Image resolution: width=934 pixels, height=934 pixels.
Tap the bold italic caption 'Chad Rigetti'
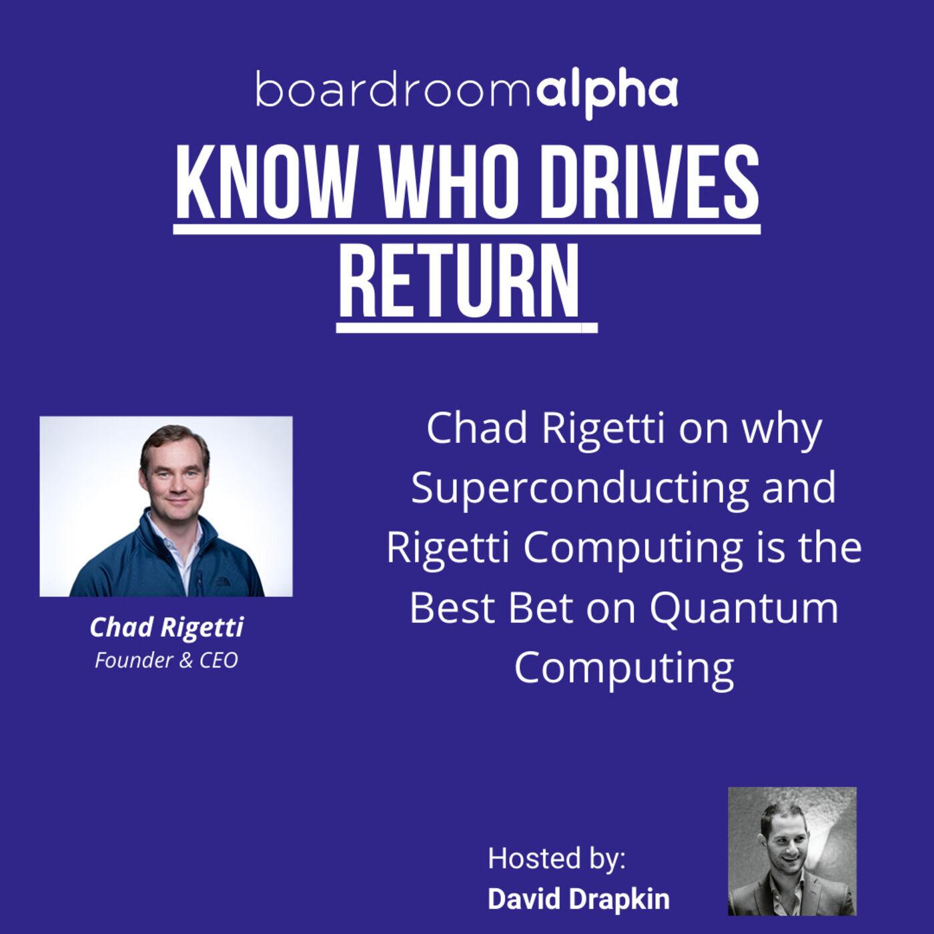coord(166,628)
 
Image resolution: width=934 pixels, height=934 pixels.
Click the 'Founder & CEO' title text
coord(166,660)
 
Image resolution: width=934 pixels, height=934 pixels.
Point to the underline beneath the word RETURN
coord(467,328)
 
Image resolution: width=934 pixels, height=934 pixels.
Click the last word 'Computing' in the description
coord(624,668)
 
